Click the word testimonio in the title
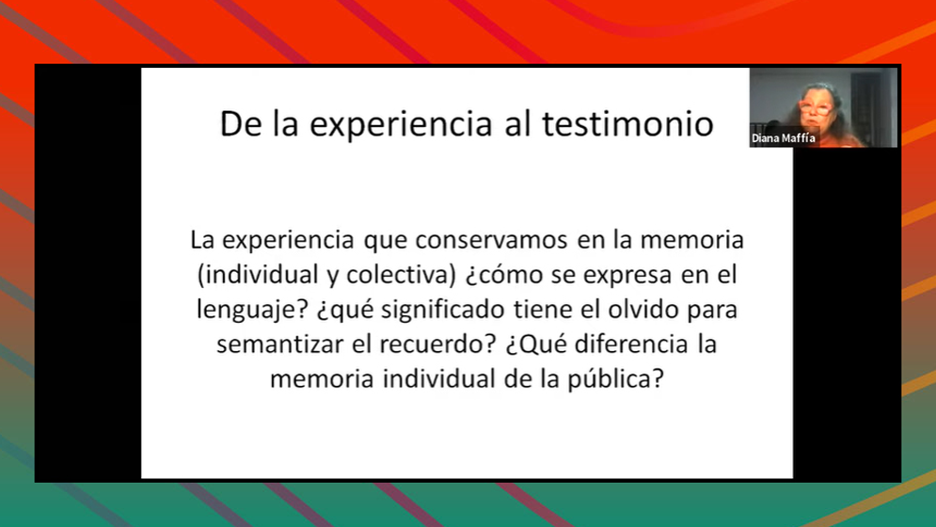pos(627,124)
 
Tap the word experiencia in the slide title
pos(401,125)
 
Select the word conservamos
pos(491,240)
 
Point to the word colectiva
pos(401,275)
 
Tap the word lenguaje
pos(252,311)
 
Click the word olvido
pos(643,310)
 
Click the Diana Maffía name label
pos(784,138)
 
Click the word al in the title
pos(517,124)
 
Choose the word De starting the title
pos(241,124)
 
